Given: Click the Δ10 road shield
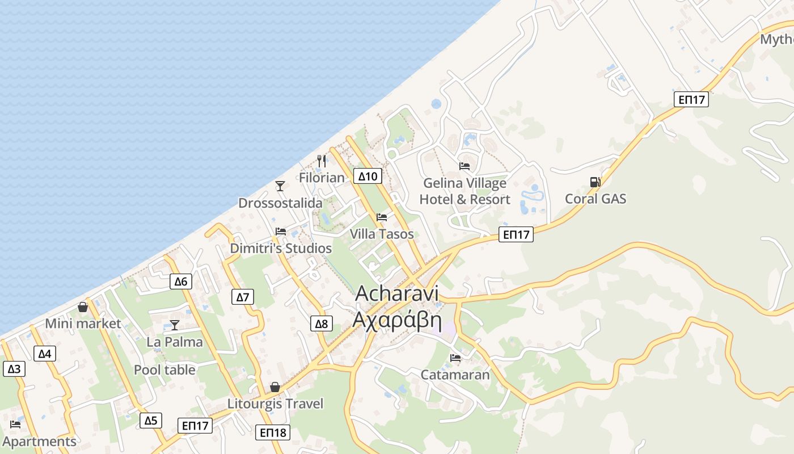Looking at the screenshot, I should tap(368, 176).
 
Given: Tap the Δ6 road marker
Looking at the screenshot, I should tap(180, 281).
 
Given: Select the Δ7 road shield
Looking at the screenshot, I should tap(243, 297).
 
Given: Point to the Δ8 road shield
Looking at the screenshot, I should tap(321, 324).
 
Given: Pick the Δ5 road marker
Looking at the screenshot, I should tap(150, 421).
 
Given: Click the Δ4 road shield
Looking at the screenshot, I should tap(45, 354).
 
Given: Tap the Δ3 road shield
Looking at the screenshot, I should tap(14, 369).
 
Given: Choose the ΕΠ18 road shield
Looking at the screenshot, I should tap(273, 432).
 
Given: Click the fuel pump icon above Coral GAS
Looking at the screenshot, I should tap(595, 182).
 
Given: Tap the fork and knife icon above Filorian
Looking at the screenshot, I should tap(322, 161).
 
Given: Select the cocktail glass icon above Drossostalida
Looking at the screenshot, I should tap(280, 186).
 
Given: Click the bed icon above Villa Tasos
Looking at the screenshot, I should tap(382, 217).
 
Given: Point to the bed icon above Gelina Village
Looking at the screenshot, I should tap(464, 166).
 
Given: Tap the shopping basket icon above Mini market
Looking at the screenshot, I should tap(83, 307).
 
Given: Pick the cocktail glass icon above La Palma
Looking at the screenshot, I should tap(175, 325).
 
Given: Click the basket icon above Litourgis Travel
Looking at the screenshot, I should tap(275, 387).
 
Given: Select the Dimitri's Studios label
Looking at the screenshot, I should tap(281, 249).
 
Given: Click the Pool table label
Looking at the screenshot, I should tap(164, 370).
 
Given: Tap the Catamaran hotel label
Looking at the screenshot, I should tap(455, 375).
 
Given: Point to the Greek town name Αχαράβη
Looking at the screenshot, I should tap(396, 320).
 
